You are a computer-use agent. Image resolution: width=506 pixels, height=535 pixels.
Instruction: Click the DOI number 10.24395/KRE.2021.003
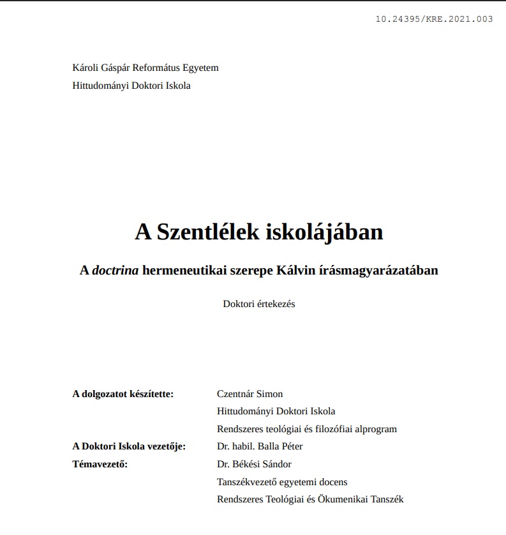point(435,19)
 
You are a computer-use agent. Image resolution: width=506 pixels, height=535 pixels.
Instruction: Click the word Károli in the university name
point(86,68)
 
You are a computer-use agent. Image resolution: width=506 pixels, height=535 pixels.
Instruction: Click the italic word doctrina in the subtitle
point(115,270)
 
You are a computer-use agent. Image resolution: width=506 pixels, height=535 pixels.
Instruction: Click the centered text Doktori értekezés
point(258,304)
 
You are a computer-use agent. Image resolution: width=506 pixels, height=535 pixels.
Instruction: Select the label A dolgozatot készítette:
point(123,394)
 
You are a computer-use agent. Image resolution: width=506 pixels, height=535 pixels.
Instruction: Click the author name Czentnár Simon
point(249,394)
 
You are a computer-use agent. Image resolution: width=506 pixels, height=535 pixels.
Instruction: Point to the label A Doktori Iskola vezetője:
point(129,446)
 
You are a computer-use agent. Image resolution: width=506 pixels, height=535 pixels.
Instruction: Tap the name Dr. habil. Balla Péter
point(260,446)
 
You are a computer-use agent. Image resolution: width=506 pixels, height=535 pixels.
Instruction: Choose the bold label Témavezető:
point(100,464)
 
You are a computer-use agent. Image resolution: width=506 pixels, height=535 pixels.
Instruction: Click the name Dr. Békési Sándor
point(254,464)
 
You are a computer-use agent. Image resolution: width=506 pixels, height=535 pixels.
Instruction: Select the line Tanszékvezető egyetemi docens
point(282,482)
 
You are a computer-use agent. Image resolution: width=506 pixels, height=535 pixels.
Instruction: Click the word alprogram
point(376,429)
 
